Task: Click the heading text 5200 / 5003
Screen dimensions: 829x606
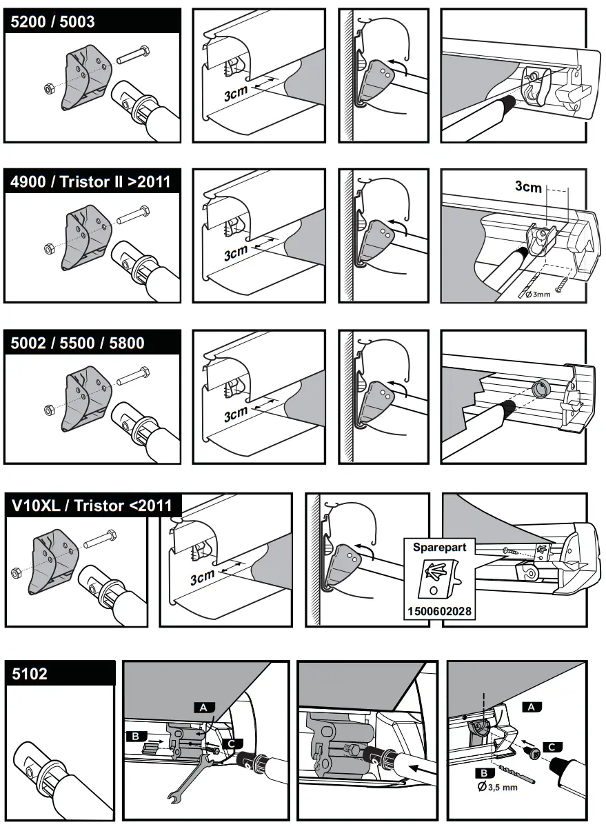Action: click(x=52, y=21)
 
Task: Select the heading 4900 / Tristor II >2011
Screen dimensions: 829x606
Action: click(x=90, y=181)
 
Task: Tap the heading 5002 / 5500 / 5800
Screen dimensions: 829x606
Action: click(x=77, y=343)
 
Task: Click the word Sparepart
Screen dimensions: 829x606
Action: click(x=439, y=547)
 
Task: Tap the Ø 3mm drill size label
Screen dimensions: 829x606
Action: click(x=538, y=294)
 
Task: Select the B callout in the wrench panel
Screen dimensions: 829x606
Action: click(x=135, y=737)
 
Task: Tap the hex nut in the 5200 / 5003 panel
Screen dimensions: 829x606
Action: click(x=48, y=88)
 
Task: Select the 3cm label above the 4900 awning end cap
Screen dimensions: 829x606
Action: click(x=528, y=186)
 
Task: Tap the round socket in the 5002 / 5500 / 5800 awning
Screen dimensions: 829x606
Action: click(x=541, y=388)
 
